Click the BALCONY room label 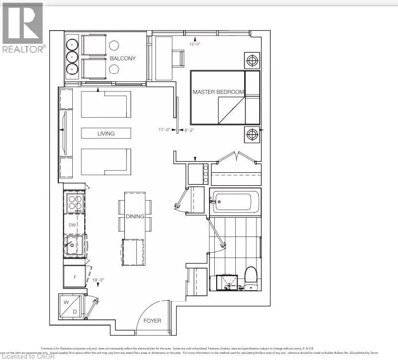click(x=122, y=58)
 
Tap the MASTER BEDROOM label click(x=218, y=91)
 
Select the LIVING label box click(x=106, y=134)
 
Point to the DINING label click(x=135, y=216)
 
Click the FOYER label click(x=153, y=320)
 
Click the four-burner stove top click(x=74, y=204)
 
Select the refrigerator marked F click(x=74, y=276)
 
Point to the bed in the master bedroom click(x=225, y=98)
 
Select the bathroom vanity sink click(x=228, y=282)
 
